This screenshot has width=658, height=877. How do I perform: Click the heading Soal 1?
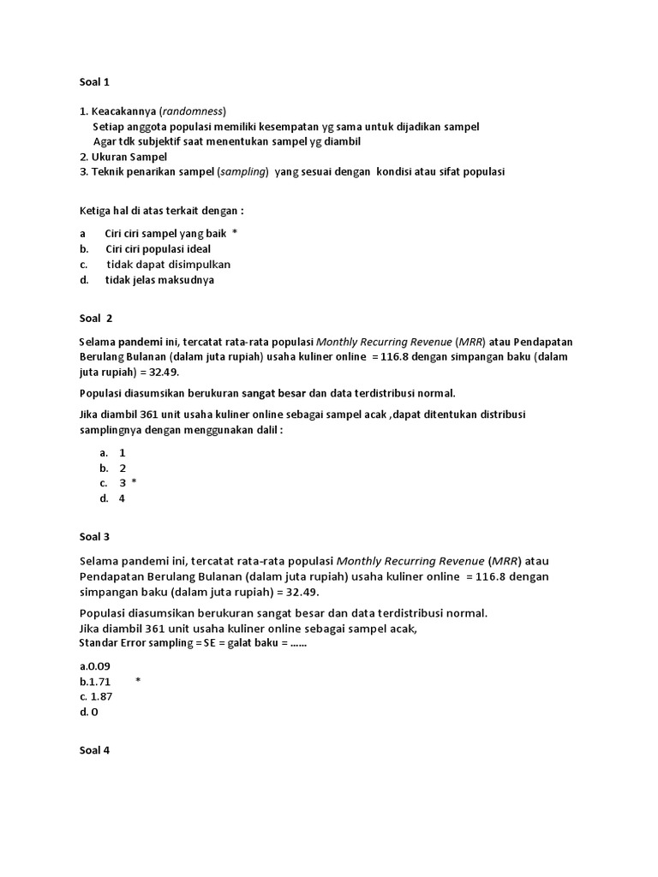pyautogui.click(x=94, y=82)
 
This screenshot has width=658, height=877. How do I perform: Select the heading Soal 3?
pyautogui.click(x=94, y=537)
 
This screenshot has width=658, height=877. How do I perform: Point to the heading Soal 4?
pyautogui.click(x=94, y=750)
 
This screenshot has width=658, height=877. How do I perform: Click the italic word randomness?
pyautogui.click(x=193, y=110)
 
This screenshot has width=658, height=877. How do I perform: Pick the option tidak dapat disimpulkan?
pyautogui.click(x=168, y=264)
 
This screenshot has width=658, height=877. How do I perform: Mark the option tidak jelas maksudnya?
pyautogui.click(x=159, y=279)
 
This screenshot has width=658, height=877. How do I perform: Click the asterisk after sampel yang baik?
pyautogui.click(x=235, y=233)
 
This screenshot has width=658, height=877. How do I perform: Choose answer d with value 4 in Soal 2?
pyautogui.click(x=123, y=498)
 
